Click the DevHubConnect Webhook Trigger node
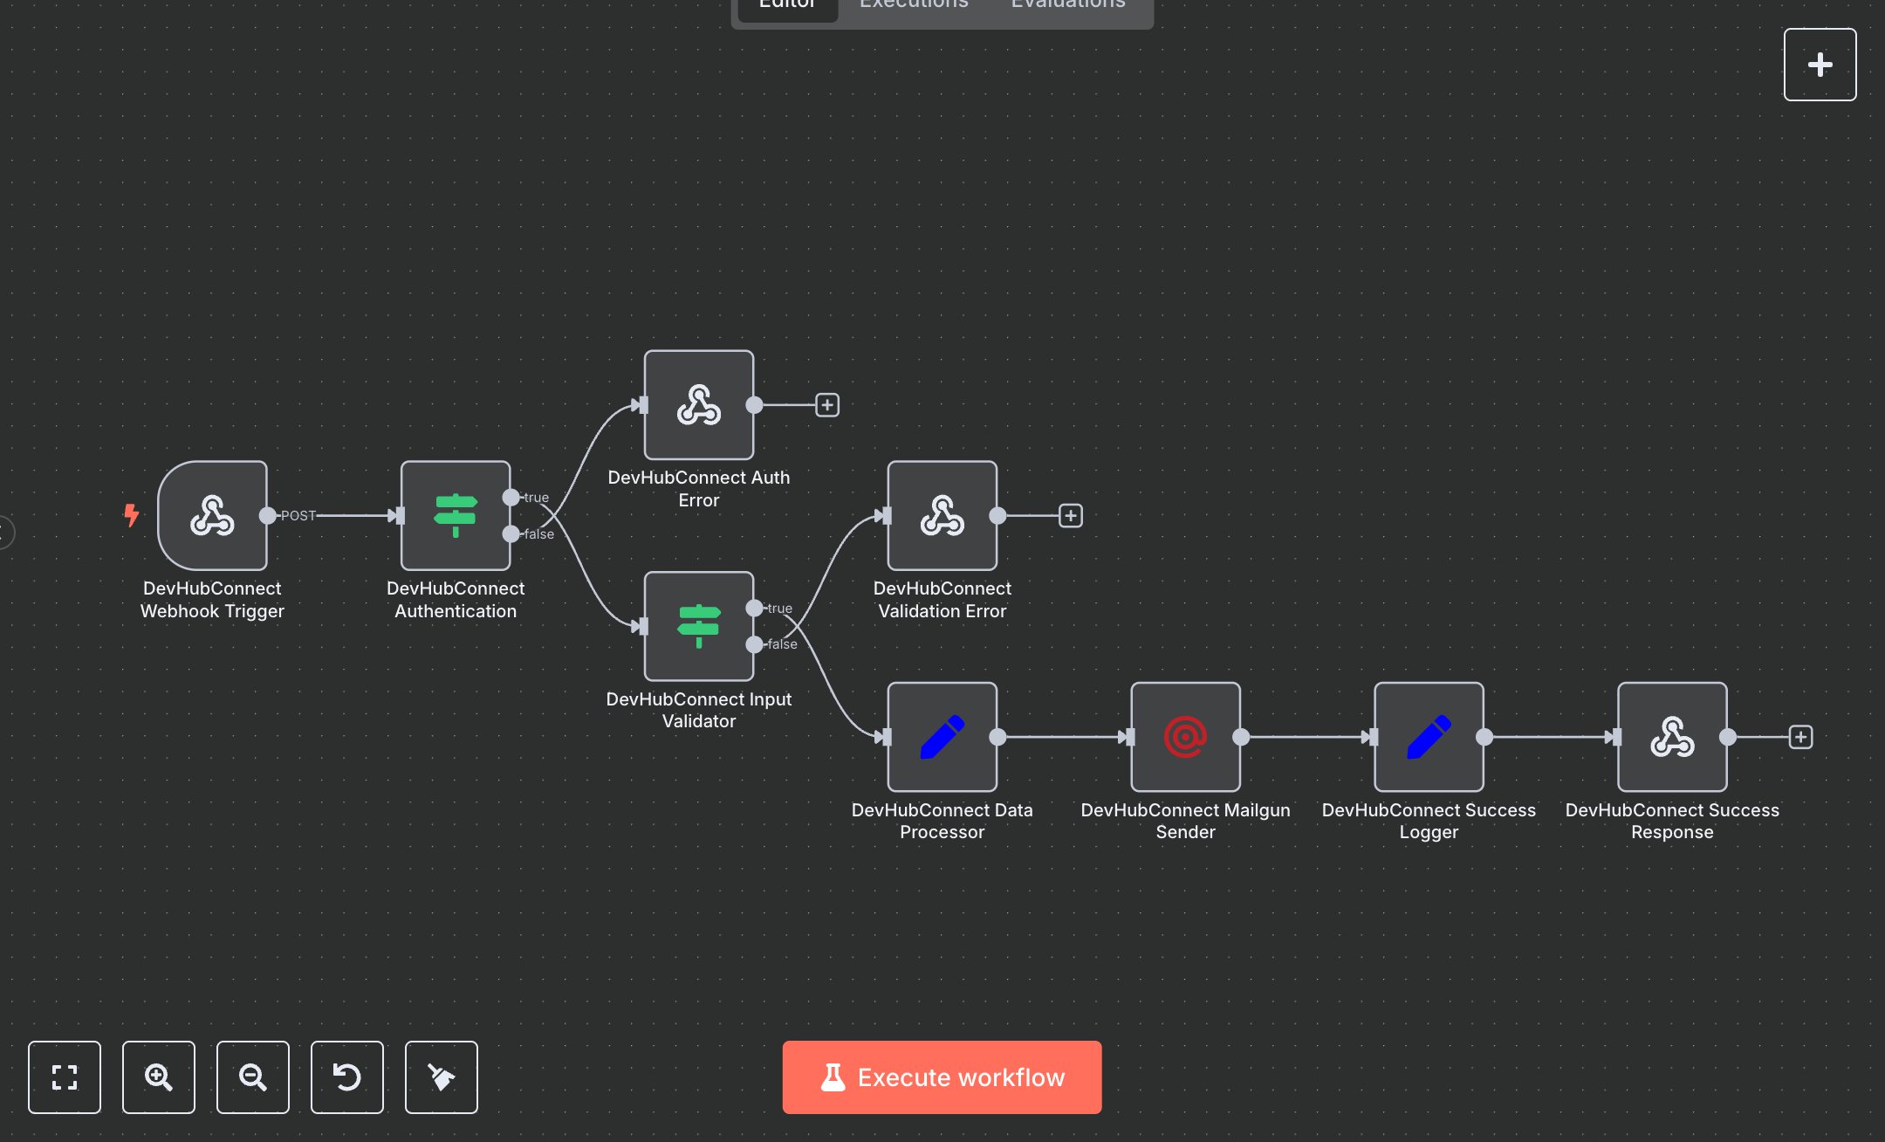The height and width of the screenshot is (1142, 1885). click(212, 515)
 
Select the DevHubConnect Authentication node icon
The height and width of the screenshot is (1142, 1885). click(456, 515)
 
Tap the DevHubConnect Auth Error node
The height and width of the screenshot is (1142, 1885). click(698, 405)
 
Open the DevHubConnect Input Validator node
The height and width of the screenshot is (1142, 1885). click(698, 626)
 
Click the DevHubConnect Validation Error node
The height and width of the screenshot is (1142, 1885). click(942, 515)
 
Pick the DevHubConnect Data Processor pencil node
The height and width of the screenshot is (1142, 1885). click(942, 737)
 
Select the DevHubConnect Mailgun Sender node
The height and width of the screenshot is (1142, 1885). click(1185, 737)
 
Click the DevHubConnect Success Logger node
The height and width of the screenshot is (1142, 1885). click(1429, 737)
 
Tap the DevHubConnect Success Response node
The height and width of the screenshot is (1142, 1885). click(1672, 737)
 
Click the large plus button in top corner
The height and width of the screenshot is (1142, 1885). click(1820, 65)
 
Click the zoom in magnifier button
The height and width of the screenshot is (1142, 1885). click(159, 1077)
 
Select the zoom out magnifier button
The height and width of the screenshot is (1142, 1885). click(253, 1077)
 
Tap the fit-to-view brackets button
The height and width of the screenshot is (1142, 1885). click(65, 1077)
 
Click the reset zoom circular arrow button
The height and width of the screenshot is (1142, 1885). click(347, 1077)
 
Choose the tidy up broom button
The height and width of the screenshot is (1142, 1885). click(442, 1077)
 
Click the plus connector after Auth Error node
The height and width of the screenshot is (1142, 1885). click(827, 405)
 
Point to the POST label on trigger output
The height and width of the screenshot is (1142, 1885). click(298, 516)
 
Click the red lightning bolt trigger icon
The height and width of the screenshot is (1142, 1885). click(131, 515)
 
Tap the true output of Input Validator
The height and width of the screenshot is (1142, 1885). click(755, 608)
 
